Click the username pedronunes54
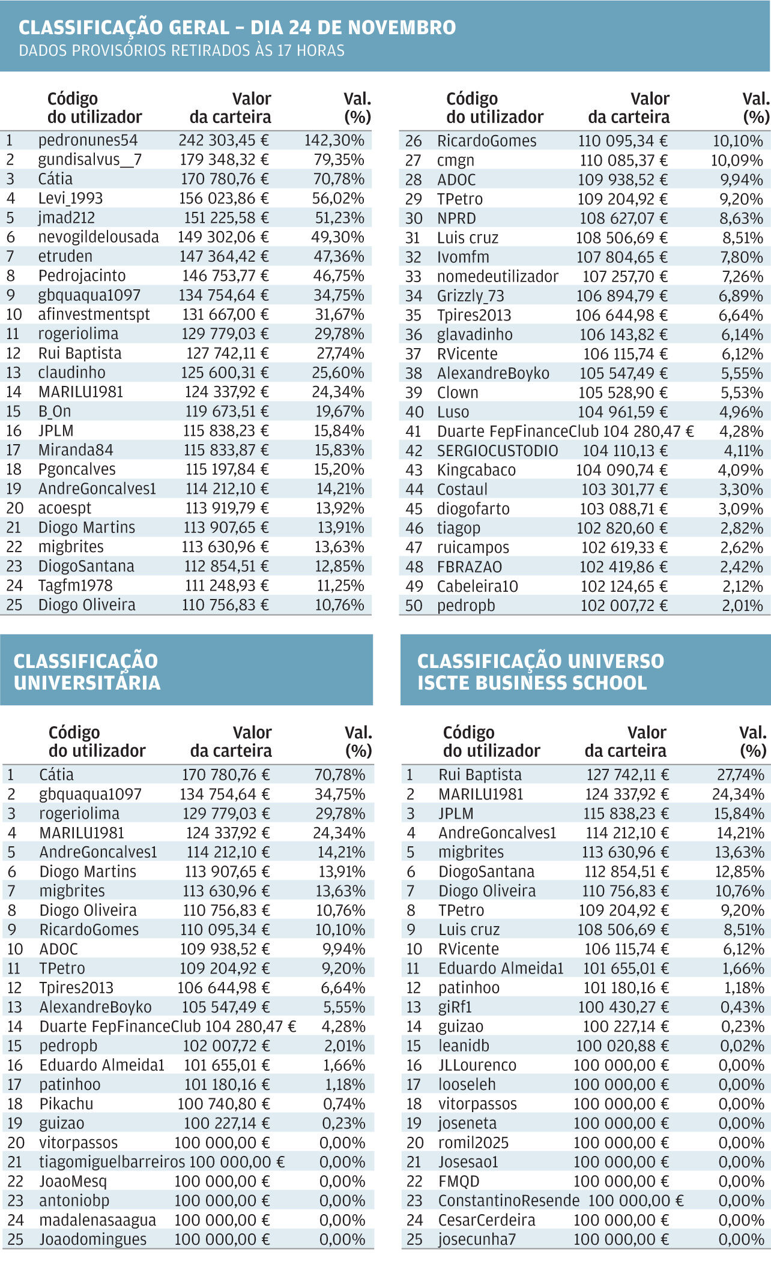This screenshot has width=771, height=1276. click(x=88, y=140)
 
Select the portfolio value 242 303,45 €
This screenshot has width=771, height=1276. click(x=223, y=140)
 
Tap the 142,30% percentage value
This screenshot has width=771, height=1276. click(x=334, y=140)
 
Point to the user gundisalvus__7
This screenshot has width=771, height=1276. click(x=90, y=160)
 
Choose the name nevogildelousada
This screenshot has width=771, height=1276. click(x=98, y=237)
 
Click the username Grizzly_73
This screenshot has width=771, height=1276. click(x=470, y=296)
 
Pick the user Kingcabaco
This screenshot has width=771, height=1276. click(x=476, y=470)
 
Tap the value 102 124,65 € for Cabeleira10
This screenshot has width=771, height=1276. click(x=623, y=586)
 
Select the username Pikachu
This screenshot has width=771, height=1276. click(x=66, y=1104)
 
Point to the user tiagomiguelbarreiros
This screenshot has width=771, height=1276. click(x=112, y=1162)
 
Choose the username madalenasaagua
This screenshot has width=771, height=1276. click(x=97, y=1220)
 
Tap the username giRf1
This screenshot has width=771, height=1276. click(x=455, y=1007)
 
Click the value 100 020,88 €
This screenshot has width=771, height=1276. click(x=621, y=1046)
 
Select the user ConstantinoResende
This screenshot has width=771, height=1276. click(x=509, y=1201)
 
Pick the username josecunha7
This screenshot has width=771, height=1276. click(x=477, y=1239)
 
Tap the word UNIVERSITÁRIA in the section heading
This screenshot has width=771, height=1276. click(x=87, y=683)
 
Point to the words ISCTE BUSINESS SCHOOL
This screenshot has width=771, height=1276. click(x=531, y=683)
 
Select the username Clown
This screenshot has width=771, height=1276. click(x=458, y=393)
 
